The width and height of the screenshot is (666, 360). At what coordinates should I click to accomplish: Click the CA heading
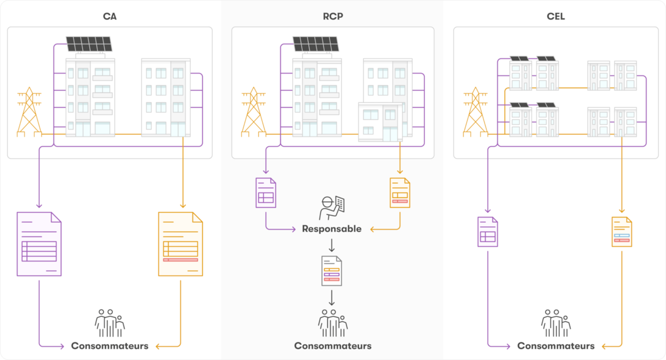pyautogui.click(x=109, y=16)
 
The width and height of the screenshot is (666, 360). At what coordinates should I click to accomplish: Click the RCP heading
pyautogui.click(x=333, y=16)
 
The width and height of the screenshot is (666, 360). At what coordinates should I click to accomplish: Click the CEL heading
pyautogui.click(x=556, y=16)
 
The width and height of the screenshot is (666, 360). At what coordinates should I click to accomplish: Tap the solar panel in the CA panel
pyautogui.click(x=89, y=44)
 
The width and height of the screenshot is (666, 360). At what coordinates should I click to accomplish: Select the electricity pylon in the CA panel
pyautogui.click(x=29, y=113)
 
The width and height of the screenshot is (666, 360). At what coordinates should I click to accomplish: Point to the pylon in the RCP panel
pyautogui.click(x=253, y=113)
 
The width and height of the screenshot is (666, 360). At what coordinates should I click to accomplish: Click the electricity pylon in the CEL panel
pyautogui.click(x=475, y=113)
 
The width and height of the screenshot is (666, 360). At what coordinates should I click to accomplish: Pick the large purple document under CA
pyautogui.click(x=39, y=244)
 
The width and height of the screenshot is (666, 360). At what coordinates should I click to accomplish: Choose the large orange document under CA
pyautogui.click(x=180, y=244)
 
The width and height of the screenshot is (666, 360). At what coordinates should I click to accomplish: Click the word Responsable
pyautogui.click(x=332, y=229)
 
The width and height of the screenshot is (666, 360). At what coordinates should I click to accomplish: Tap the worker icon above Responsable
pyautogui.click(x=332, y=207)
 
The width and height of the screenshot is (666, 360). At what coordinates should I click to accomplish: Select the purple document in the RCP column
pyautogui.click(x=266, y=193)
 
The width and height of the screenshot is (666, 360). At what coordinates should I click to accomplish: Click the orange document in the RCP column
pyautogui.click(x=400, y=193)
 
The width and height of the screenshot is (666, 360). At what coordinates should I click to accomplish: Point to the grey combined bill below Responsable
pyautogui.click(x=332, y=271)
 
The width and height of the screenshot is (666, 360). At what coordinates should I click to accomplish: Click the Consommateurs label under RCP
pyautogui.click(x=333, y=346)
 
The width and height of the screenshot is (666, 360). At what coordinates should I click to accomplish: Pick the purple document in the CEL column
pyautogui.click(x=488, y=232)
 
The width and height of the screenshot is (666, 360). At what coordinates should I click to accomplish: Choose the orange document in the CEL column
pyautogui.click(x=622, y=232)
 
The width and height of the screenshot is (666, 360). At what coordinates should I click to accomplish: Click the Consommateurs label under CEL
pyautogui.click(x=556, y=346)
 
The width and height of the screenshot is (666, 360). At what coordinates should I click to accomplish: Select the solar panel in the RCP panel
pyautogui.click(x=316, y=44)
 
